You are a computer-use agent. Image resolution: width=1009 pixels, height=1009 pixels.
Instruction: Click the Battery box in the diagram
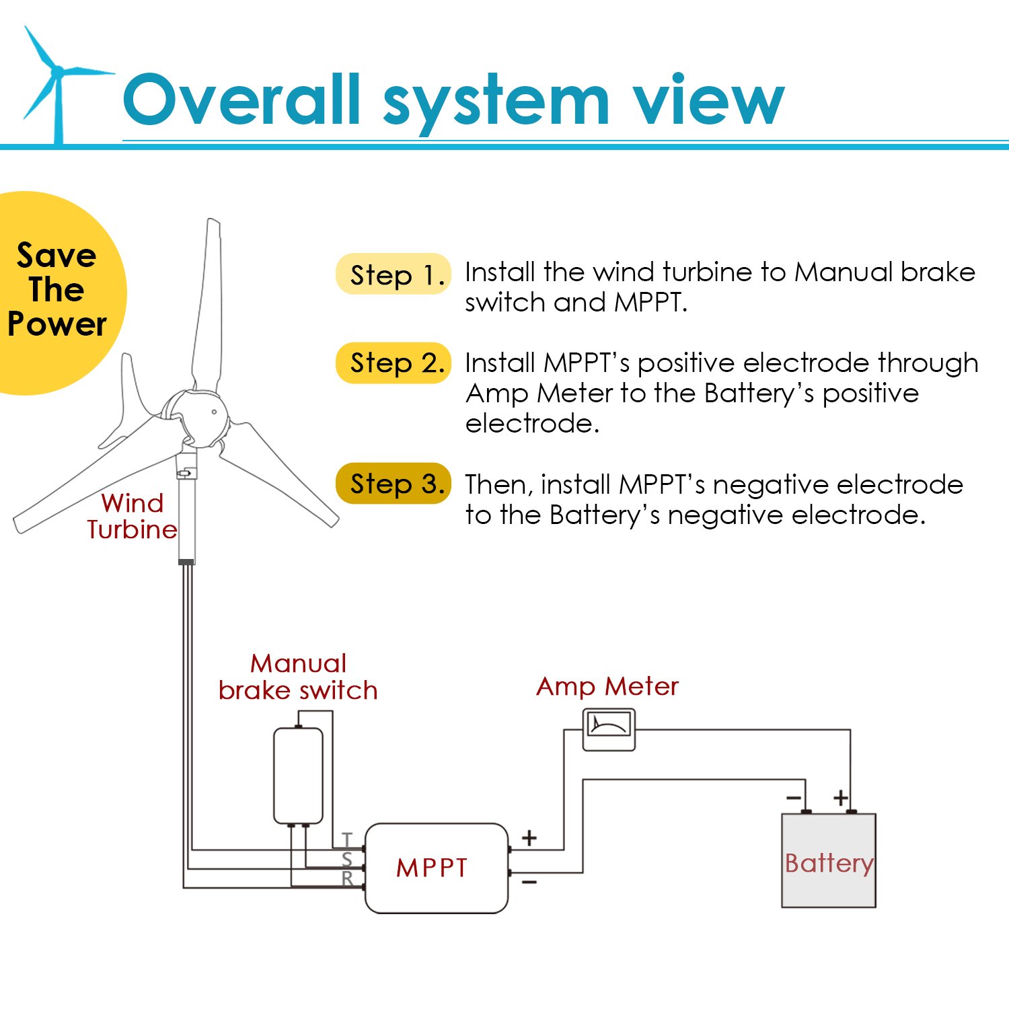tap(828, 860)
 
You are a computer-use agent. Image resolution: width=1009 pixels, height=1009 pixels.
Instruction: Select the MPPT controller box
tap(436, 868)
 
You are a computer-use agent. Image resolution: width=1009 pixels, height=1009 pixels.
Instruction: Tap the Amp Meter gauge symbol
tap(608, 729)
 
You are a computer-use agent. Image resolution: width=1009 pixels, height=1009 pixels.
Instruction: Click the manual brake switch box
tap(298, 776)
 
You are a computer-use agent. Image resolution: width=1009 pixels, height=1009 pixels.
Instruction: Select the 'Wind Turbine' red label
tap(132, 516)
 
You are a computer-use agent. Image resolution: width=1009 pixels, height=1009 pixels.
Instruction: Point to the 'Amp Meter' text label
tap(607, 686)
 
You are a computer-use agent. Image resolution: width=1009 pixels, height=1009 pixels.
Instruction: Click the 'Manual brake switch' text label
tap(298, 677)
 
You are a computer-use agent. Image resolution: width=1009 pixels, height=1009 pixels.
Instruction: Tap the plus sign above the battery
tap(840, 798)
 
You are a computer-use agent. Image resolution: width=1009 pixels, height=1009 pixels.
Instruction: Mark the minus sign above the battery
tap(794, 798)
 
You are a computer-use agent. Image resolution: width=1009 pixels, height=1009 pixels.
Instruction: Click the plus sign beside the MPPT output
tap(529, 837)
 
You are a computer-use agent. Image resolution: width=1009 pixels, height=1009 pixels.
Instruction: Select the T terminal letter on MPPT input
tap(347, 839)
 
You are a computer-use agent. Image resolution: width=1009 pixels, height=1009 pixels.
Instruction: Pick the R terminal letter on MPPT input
tap(347, 879)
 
